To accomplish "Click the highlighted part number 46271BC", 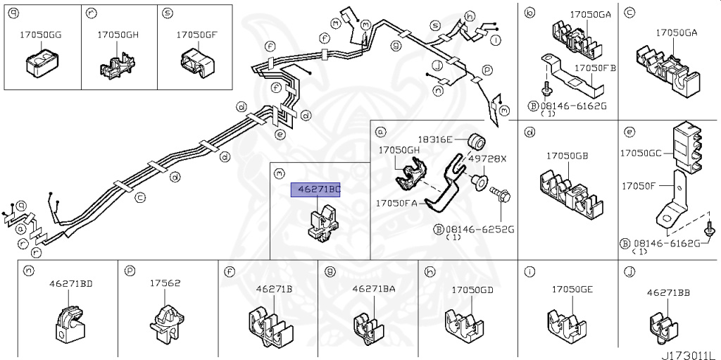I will [x=315, y=189].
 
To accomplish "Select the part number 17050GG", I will [x=39, y=34].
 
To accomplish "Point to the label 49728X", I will [x=487, y=159].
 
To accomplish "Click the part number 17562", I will [x=165, y=283].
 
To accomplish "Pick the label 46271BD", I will [x=70, y=283].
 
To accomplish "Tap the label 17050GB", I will [x=568, y=156].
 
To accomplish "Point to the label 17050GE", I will [x=572, y=289].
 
